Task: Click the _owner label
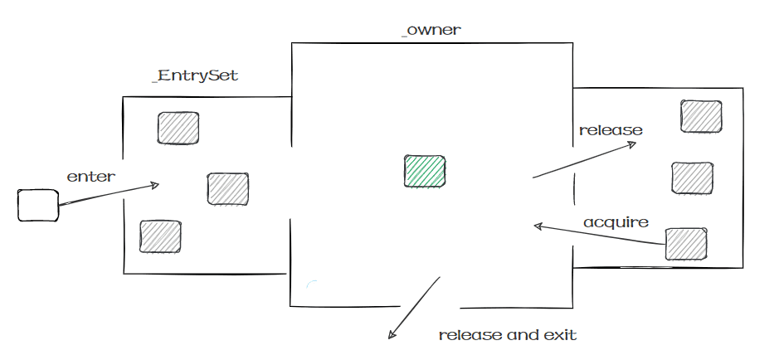click(431, 31)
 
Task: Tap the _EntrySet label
click(196, 75)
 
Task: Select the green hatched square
click(424, 170)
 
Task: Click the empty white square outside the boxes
click(38, 205)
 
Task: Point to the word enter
click(91, 177)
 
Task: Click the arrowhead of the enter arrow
click(155, 185)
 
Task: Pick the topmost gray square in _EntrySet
click(178, 127)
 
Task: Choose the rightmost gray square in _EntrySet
click(228, 188)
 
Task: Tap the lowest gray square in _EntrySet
click(160, 236)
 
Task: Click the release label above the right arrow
click(611, 130)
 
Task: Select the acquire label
click(616, 221)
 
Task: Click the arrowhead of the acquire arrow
click(537, 224)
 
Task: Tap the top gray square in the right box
click(701, 116)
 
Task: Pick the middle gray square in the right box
click(692, 178)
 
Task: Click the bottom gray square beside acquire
click(686, 243)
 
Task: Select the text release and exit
click(507, 335)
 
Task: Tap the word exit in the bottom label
click(560, 335)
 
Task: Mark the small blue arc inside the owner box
click(312, 285)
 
